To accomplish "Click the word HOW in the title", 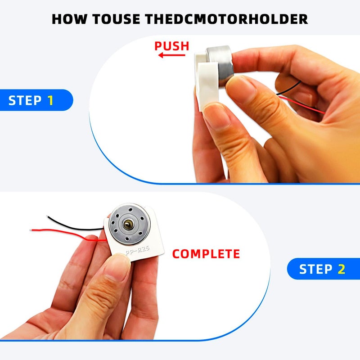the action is pos(70,19).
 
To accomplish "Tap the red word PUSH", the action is pos(172,46).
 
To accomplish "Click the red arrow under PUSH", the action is pos(172,55).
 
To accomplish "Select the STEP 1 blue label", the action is pos(36,100).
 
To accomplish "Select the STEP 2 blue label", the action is pos(324,269).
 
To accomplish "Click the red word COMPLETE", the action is pos(206,254).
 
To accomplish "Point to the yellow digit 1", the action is pos(50,100).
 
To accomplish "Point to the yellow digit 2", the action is pos(342,269).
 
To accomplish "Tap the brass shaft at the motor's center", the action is pos(128,224).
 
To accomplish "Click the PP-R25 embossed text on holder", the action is pos(138,250).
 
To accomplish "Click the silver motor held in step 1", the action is pos(221,65).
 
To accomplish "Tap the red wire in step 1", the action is pos(301,105).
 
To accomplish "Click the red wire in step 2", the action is pos(69,234).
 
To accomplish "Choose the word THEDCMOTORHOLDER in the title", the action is pos(226,19).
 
